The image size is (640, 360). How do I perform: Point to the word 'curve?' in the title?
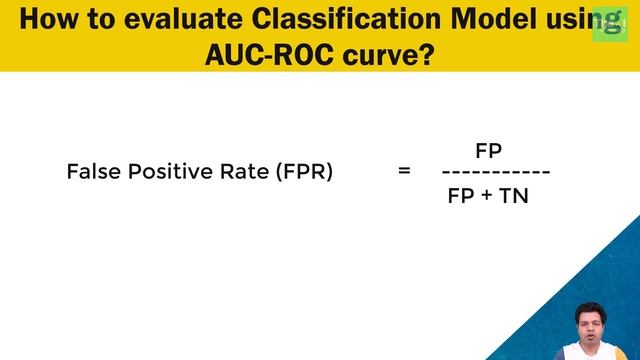click(388, 54)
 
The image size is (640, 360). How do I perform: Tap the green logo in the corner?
click(609, 24)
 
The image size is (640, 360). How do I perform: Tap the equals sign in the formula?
click(404, 172)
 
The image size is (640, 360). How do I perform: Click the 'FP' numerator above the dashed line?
click(488, 151)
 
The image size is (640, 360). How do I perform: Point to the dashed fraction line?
click(496, 173)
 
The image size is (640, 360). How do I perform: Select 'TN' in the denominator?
click(514, 196)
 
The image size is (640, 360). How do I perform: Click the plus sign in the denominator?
click(487, 196)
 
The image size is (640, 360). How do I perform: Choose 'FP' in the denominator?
click(461, 196)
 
